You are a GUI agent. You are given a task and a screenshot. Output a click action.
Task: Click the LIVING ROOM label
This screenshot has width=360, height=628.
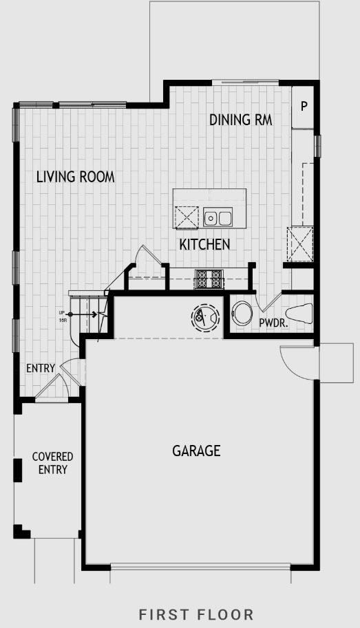75,177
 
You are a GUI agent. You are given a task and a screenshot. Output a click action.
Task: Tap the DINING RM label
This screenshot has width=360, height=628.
240,120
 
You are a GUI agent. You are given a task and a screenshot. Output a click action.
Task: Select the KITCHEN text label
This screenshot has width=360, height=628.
204,244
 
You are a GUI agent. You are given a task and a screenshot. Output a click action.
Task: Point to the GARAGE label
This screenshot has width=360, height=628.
196,451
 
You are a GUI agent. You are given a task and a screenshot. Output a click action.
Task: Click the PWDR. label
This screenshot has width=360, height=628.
273,322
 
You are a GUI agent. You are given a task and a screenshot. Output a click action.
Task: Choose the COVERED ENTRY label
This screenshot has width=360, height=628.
52,463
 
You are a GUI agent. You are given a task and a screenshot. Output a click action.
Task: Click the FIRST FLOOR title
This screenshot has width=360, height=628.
196,614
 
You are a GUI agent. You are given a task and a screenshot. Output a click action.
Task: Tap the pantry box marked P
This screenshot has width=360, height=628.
304,107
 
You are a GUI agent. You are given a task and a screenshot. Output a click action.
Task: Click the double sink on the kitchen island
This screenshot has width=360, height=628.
218,219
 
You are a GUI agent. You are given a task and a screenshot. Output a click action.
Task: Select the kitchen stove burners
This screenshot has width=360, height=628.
210,279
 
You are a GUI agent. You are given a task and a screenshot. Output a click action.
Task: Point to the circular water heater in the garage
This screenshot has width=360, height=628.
205,317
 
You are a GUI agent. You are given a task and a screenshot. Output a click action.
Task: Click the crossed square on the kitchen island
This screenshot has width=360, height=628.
186,218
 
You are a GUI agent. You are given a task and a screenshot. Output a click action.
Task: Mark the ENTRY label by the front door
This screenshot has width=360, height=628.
40,369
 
